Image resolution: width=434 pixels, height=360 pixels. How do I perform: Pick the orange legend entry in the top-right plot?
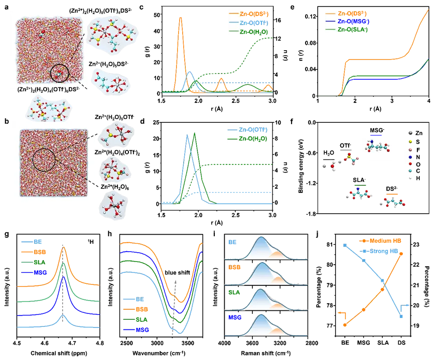pyautogui.click(x=346, y=14)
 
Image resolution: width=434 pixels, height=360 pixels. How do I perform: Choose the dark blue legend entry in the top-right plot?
pyautogui.click(x=346, y=22)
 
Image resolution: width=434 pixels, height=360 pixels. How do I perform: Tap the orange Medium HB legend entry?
pyautogui.click(x=381, y=241)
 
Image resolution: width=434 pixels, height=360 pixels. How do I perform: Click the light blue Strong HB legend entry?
pyautogui.click(x=381, y=250)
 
